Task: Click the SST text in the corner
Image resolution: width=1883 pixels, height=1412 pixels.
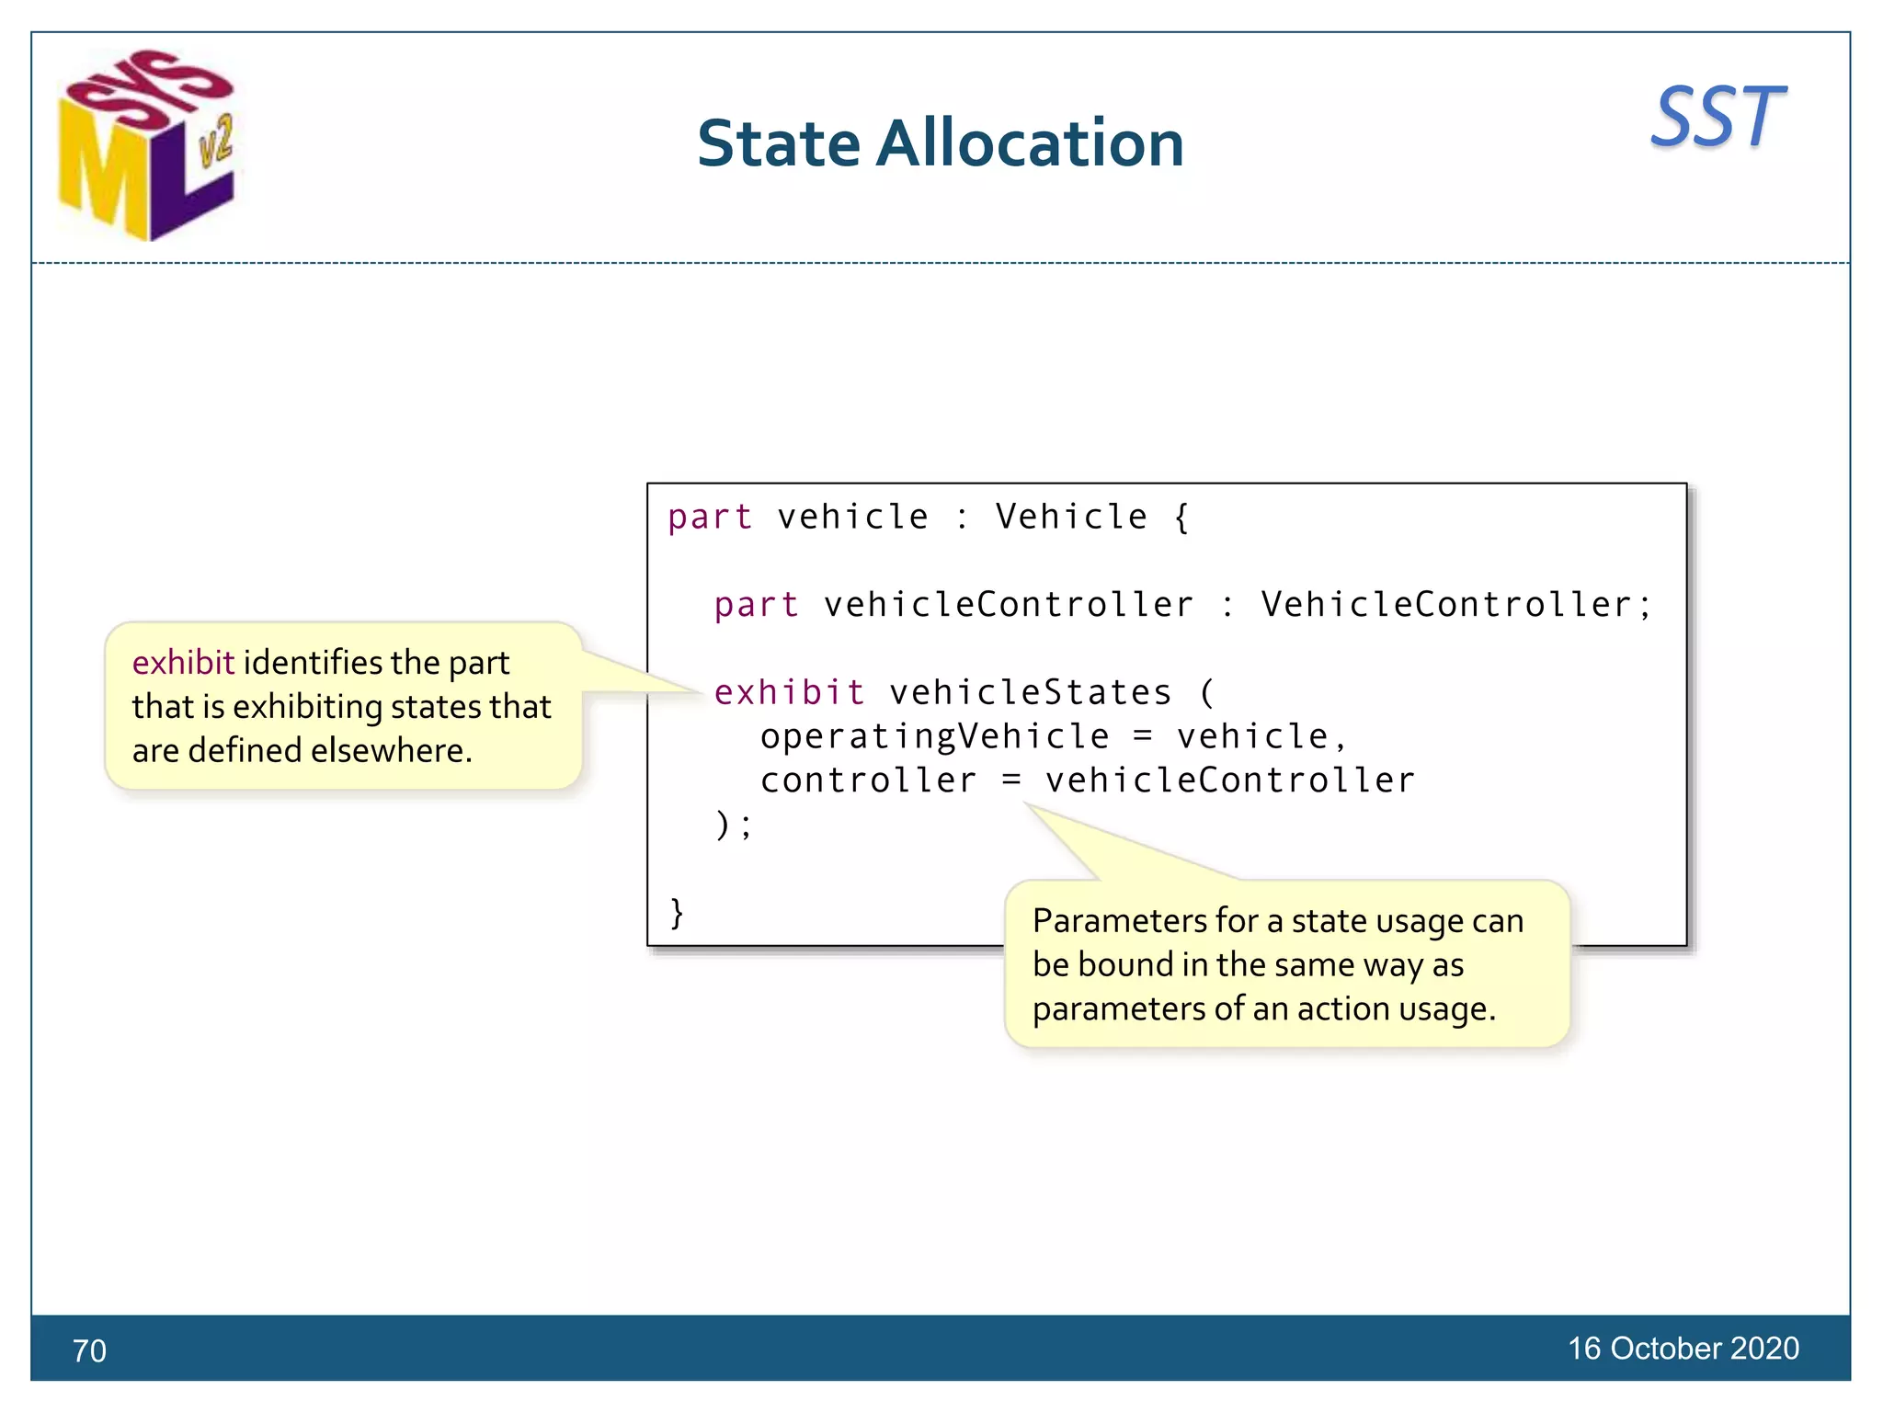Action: pos(1718,118)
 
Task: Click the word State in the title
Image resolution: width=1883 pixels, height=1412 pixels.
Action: pos(778,144)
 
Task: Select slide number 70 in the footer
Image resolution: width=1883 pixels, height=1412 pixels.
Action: pos(89,1350)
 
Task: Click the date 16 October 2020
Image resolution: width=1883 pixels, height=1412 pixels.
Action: pos(1683,1348)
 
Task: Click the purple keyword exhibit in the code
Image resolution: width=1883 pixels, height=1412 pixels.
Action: pos(789,692)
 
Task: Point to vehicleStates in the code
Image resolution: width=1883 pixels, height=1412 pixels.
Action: pos(1030,692)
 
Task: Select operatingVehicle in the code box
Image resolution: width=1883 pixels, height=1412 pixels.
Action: pos(934,736)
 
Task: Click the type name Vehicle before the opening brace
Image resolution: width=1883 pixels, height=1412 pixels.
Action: pos(1071,517)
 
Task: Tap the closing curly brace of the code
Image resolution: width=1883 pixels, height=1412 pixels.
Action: pos(677,913)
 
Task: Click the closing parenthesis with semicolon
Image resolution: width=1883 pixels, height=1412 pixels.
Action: pos(733,825)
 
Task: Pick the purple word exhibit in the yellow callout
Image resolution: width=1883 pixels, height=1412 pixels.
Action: pos(183,663)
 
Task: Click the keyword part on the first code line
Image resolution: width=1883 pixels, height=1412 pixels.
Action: pos(709,517)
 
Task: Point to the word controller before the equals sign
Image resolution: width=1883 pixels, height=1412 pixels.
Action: pos(868,780)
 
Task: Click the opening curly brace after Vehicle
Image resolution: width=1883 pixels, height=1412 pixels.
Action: pos(1182,517)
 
